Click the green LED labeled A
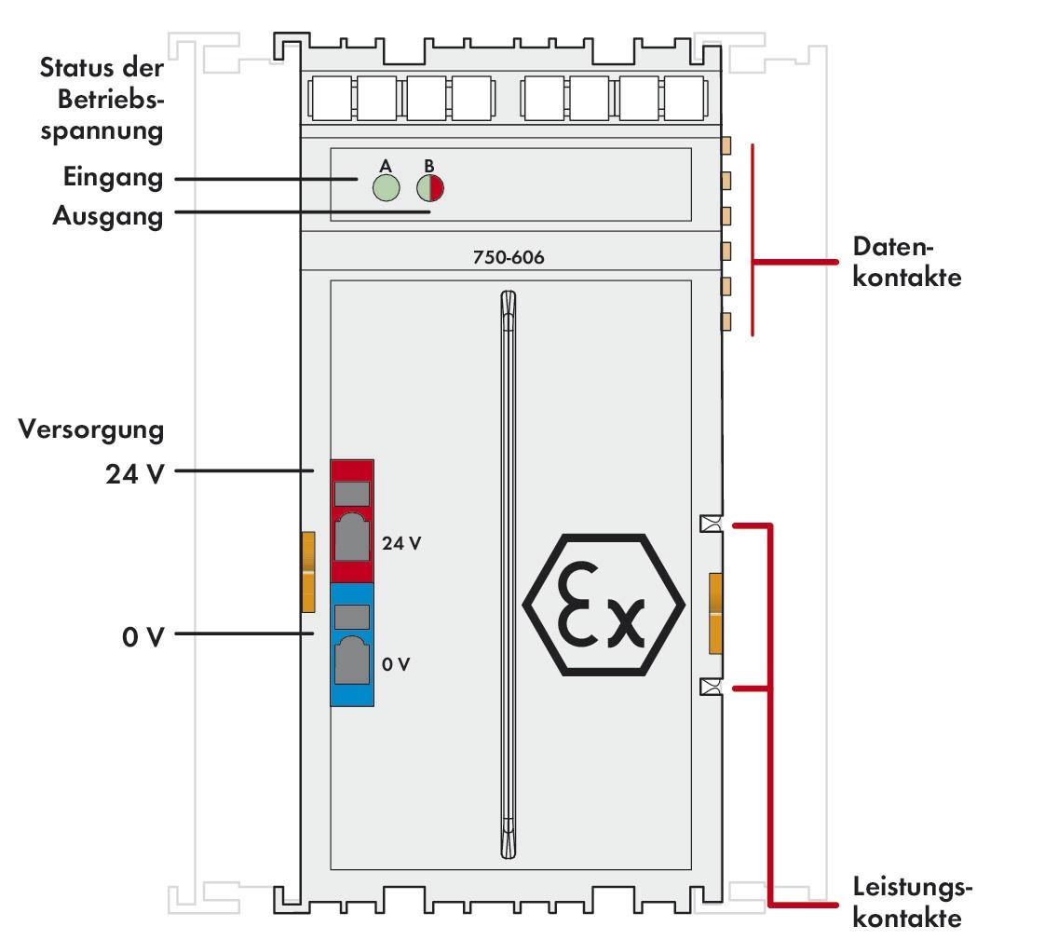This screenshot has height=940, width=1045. [x=385, y=187]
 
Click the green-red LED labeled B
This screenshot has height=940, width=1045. [x=430, y=187]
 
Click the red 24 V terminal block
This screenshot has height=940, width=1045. [x=351, y=520]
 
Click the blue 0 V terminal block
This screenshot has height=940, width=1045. [x=351, y=644]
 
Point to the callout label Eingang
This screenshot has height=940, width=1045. [x=113, y=177]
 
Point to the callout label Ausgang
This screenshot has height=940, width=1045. [x=107, y=216]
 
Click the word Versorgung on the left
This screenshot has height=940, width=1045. [x=90, y=431]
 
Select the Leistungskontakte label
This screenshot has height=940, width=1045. [x=914, y=904]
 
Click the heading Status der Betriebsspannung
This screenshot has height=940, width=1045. [x=102, y=100]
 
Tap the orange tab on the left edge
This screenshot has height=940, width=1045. [x=308, y=572]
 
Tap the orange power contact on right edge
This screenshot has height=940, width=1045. [x=716, y=613]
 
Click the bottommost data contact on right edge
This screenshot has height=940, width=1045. [x=726, y=322]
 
